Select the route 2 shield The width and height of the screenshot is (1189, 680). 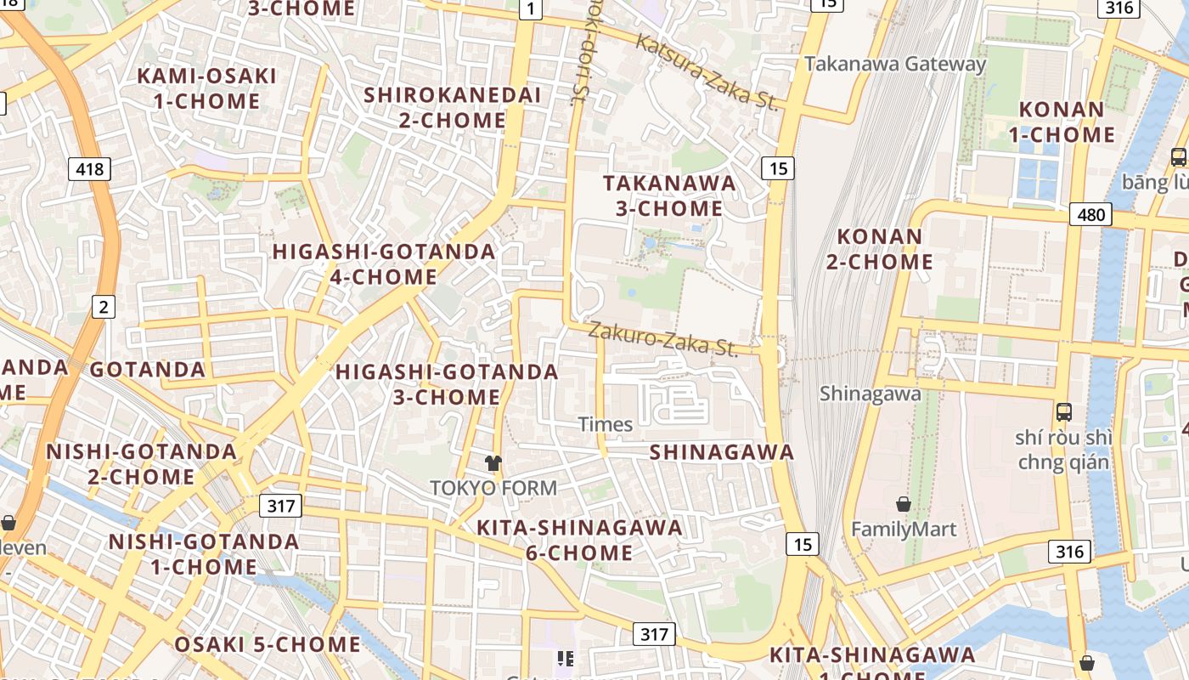103,307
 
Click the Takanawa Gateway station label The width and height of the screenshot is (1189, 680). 895,64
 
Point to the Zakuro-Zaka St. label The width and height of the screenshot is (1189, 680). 663,338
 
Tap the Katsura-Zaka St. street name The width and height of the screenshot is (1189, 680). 707,72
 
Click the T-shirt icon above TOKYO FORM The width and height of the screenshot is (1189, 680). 493,463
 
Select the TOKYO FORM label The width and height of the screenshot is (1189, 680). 493,488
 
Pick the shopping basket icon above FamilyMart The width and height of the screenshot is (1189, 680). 904,504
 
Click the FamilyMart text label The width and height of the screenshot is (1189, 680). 904,530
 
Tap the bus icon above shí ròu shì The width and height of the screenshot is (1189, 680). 1063,412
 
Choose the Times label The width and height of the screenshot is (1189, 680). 606,424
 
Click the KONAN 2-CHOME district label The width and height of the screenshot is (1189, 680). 880,249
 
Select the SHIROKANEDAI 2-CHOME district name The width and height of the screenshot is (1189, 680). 453,107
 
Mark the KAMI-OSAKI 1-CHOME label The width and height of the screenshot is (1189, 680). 207,88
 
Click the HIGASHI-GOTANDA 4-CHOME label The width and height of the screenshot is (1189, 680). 384,264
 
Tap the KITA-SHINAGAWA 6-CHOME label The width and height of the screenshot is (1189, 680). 579,540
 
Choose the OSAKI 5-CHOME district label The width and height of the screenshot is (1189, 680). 268,644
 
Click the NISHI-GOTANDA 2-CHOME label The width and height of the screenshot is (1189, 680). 141,464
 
